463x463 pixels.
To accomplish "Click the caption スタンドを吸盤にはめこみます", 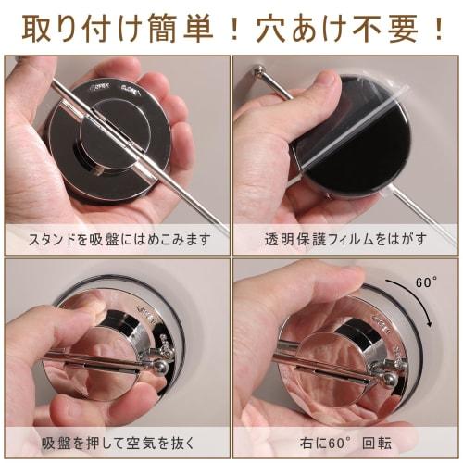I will (117, 238).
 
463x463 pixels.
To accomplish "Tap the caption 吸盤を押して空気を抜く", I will (117, 442).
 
